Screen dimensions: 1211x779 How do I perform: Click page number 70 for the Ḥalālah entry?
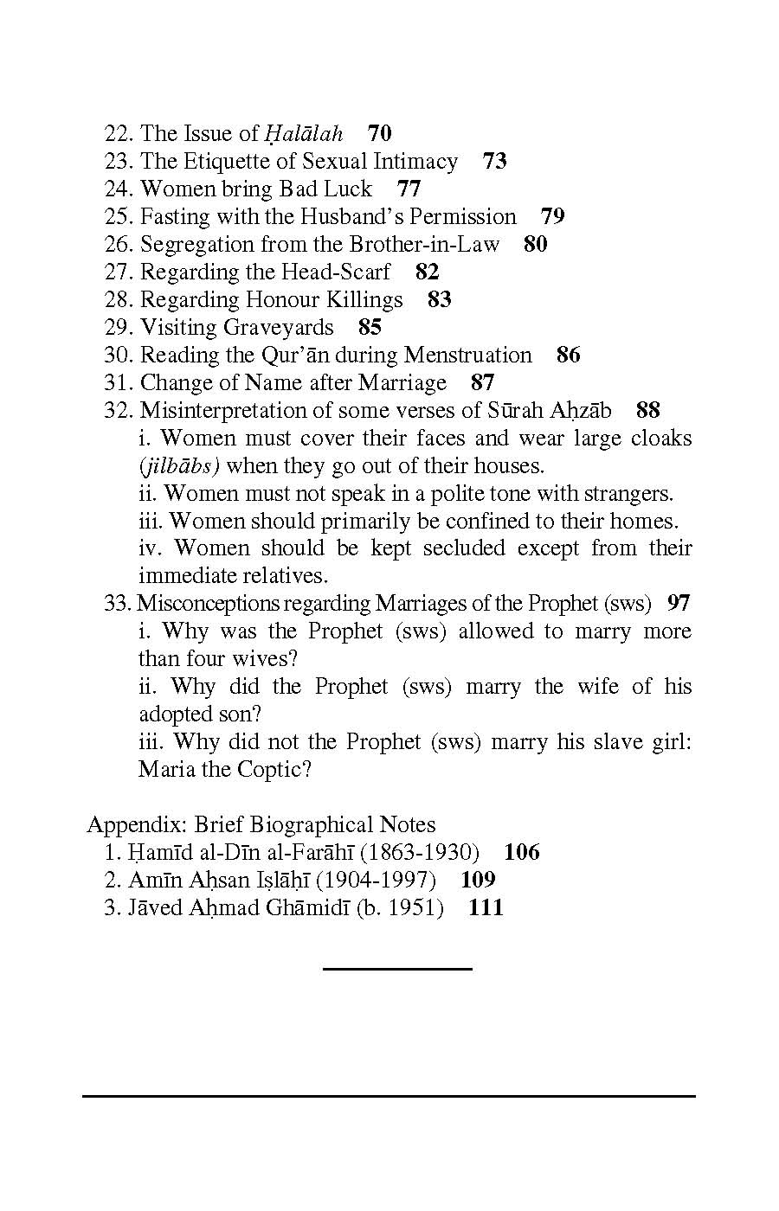(380, 133)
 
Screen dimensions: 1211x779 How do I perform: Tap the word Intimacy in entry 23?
(415, 162)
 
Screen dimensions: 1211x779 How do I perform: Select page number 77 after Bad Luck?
(409, 189)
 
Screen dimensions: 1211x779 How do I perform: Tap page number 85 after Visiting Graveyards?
(370, 328)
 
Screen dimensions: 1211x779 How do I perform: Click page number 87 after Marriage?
(483, 383)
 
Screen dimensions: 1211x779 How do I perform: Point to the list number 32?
(118, 411)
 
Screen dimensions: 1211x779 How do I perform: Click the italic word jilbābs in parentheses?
(179, 466)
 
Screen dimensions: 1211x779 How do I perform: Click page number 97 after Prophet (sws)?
(679, 603)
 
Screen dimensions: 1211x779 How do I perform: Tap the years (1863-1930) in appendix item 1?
(419, 853)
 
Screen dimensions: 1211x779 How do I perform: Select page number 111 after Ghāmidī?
(486, 908)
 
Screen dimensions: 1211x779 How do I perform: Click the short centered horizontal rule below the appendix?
(397, 969)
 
